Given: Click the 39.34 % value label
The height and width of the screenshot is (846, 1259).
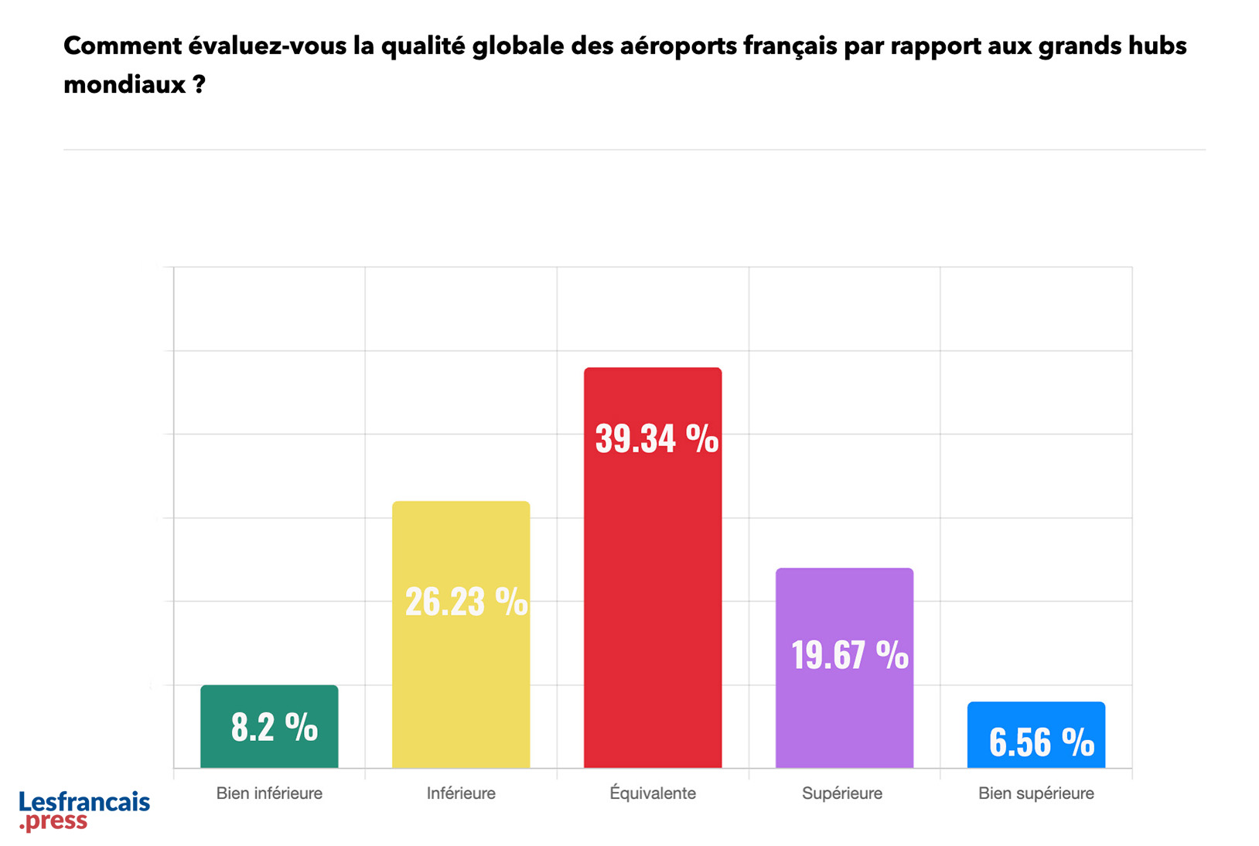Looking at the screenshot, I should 657,438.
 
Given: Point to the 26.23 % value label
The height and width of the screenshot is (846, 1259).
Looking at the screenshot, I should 466,602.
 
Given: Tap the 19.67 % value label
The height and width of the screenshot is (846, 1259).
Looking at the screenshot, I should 849,655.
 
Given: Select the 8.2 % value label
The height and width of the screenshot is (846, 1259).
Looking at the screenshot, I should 274,727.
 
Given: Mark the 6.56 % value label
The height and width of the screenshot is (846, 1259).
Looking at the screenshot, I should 1041,742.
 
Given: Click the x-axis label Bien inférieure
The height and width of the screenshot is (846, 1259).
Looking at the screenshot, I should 269,793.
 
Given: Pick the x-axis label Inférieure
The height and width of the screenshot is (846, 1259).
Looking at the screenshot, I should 461,793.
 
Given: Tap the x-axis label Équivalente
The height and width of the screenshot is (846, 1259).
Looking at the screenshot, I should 653,793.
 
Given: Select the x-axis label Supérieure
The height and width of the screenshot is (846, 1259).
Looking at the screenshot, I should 842,793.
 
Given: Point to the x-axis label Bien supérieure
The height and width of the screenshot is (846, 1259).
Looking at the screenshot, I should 1036,793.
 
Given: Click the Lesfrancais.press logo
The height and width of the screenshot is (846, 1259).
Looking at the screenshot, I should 84,810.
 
